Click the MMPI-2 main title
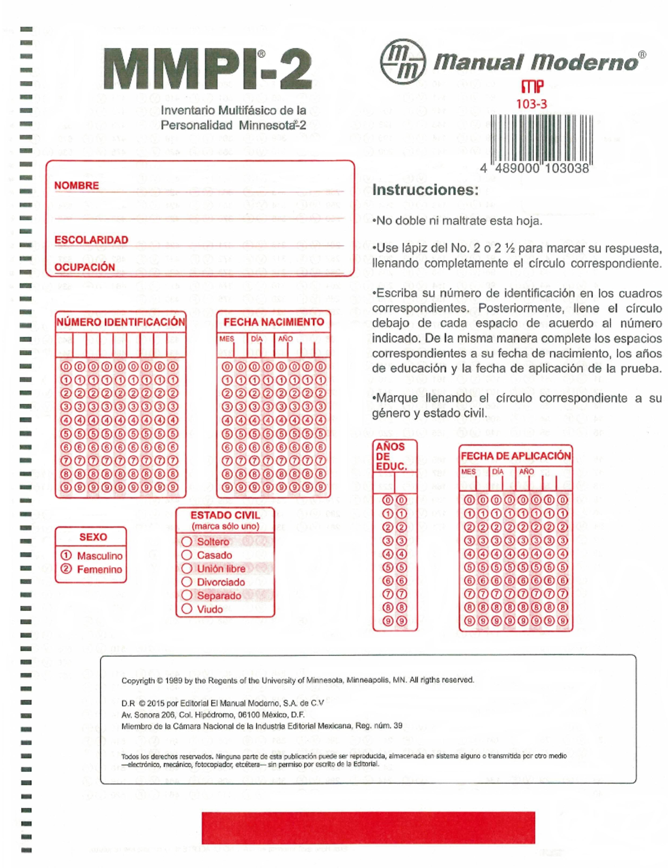208,70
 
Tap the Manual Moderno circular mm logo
403,61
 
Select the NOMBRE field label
76,186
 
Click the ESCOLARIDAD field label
91,240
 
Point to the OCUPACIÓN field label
84,267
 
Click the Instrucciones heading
425,190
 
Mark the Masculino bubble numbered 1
66,556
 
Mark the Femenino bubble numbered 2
66,569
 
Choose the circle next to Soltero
187,542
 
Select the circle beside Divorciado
187,582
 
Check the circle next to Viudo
187,609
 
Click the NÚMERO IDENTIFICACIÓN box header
121,322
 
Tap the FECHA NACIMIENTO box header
274,322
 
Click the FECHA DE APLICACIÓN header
515,456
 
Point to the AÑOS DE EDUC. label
391,456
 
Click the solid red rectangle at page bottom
368,828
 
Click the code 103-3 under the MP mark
531,104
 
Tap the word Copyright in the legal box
138,680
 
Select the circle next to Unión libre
187,568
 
